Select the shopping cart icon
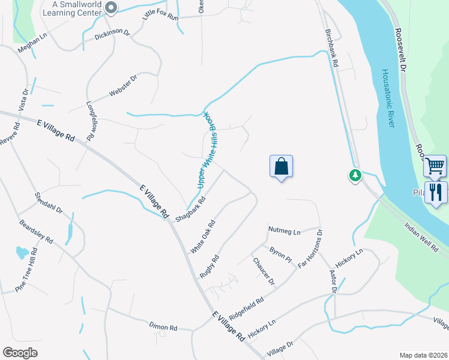tap(436, 165)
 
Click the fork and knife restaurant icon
tap(436, 193)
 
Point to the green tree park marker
tap(356, 175)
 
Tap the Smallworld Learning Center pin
tap(110, 8)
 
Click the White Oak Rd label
tap(203, 236)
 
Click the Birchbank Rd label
tap(332, 48)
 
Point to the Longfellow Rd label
tap(91, 120)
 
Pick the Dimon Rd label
tap(163, 328)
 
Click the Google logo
tap(20, 353)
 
